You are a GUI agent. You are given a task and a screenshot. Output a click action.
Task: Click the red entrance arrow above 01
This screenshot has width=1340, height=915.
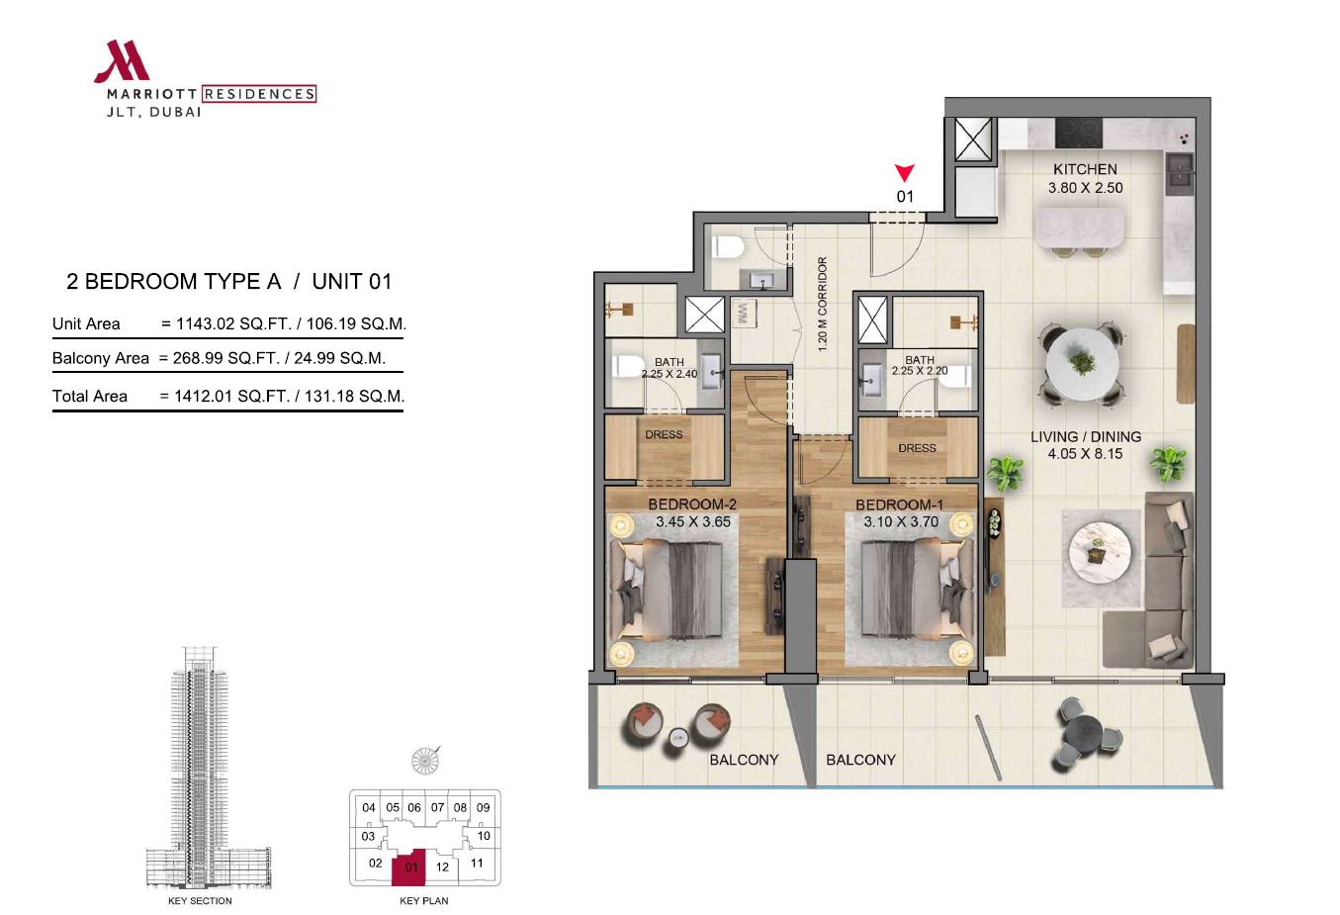point(904,172)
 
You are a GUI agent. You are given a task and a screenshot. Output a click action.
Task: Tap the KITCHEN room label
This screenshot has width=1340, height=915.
point(1085,169)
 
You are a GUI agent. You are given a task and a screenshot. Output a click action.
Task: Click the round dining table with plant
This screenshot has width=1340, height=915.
point(1082,364)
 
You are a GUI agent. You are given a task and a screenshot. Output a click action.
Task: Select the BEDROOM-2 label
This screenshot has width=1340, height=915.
point(692,503)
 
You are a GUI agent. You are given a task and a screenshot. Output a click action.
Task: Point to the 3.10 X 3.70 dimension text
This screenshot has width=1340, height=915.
point(901,522)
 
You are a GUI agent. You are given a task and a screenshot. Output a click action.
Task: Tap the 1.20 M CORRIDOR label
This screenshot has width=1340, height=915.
point(823,304)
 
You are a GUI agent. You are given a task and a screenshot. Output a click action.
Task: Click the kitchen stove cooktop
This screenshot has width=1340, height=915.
point(1079,133)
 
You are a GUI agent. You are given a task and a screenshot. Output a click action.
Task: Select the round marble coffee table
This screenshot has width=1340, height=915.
point(1100,552)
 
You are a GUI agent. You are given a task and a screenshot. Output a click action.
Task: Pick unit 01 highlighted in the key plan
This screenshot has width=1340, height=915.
point(409,868)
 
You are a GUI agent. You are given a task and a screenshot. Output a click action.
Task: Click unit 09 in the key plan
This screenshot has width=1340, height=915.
point(484,807)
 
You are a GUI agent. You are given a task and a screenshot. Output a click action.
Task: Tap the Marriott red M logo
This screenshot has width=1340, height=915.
point(122,60)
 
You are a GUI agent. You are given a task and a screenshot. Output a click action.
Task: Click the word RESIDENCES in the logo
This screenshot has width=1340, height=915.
point(259,94)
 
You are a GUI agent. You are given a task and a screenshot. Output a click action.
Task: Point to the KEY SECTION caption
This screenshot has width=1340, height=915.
point(200,900)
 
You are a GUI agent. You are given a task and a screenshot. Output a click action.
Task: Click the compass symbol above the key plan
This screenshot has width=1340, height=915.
point(425,761)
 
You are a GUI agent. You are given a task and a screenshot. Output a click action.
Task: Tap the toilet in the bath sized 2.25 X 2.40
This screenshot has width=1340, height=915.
point(626,366)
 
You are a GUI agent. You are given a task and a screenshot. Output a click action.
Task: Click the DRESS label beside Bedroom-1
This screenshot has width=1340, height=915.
point(917,448)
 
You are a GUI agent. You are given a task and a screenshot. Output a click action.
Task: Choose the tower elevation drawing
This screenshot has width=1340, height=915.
point(209,768)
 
